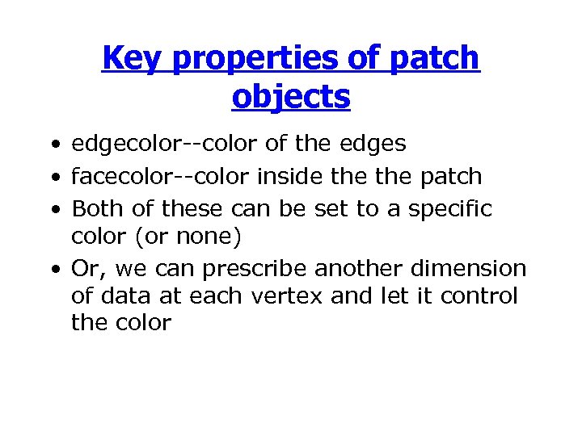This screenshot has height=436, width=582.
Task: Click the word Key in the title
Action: tap(132, 58)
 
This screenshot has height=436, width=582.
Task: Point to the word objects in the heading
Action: tap(290, 96)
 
